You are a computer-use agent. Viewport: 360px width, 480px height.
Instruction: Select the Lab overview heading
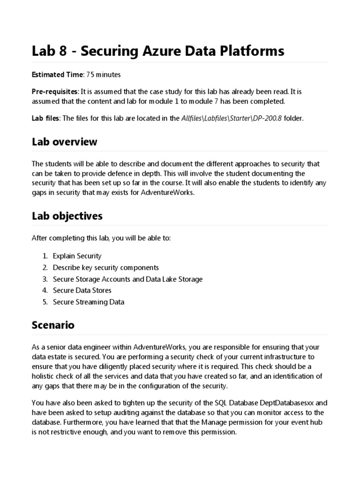[64, 142]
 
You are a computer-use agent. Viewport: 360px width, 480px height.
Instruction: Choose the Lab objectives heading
[67, 216]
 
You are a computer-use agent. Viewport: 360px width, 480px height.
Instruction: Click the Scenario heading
[53, 325]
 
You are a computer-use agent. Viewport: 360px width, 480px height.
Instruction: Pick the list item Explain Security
[77, 256]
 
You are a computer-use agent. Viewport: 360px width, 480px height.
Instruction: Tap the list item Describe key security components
[105, 268]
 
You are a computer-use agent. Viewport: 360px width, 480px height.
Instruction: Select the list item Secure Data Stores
[82, 291]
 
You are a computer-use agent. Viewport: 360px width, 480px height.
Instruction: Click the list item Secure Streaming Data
[88, 302]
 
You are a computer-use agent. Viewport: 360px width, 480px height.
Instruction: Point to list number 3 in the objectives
[45, 279]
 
